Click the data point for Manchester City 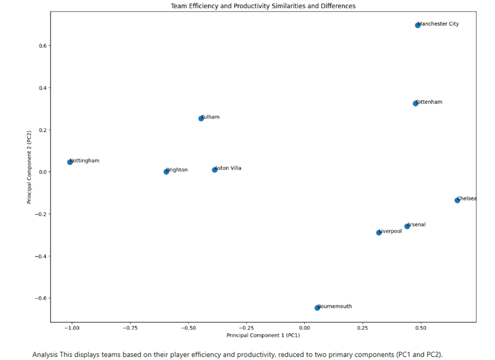(417, 25)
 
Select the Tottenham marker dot (416, 103)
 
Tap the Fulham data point (201, 118)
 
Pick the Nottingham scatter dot (70, 162)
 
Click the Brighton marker (166, 172)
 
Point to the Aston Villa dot (215, 170)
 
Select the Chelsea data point (457, 200)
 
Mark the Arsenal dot (407, 226)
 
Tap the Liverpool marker (378, 233)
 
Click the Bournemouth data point (317, 308)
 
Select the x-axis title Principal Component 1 (263, 335)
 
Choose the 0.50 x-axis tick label (421, 328)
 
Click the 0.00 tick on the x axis (305, 328)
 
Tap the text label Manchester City (438, 24)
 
